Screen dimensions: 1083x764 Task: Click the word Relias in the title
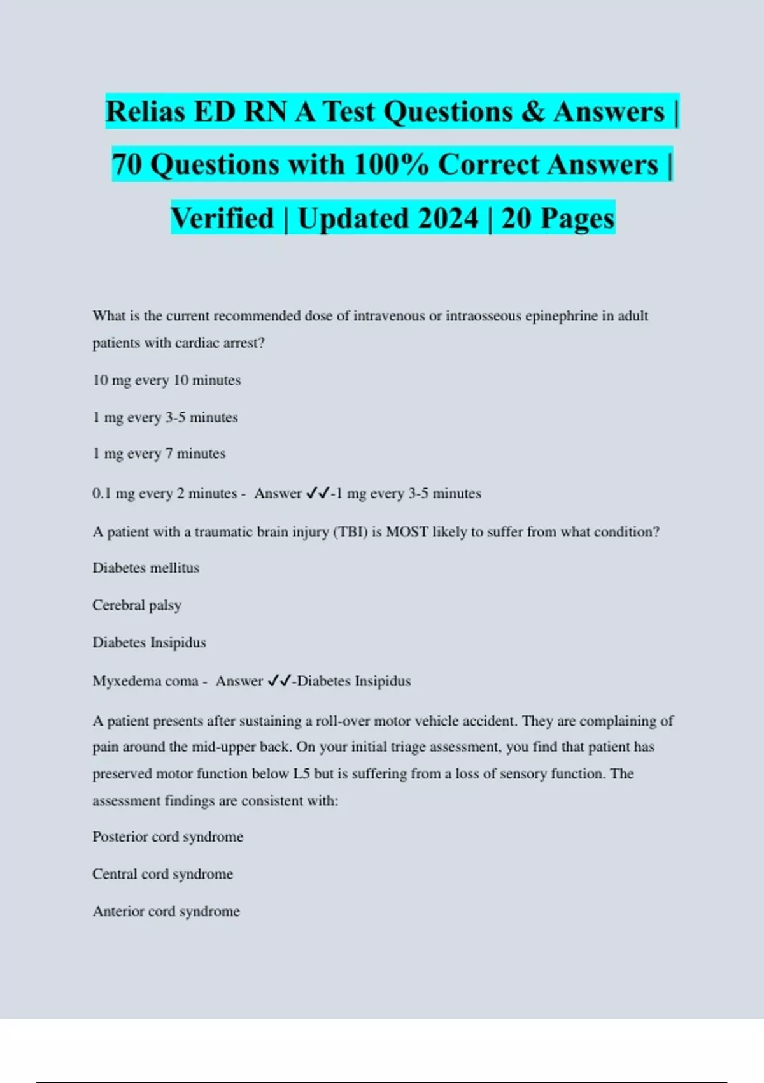click(x=145, y=112)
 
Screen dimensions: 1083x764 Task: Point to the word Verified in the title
click(x=222, y=219)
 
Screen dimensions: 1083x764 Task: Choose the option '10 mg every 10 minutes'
click(x=167, y=380)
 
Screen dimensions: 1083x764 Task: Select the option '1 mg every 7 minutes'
click(x=159, y=454)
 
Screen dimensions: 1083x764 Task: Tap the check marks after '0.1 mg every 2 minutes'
click(x=318, y=493)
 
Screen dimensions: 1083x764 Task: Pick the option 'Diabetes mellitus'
click(x=146, y=568)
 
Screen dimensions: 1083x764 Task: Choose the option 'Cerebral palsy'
click(x=137, y=605)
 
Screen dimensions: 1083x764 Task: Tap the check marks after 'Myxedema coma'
click(x=279, y=681)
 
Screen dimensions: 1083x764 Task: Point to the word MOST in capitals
click(x=407, y=532)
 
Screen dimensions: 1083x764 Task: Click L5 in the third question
click(x=301, y=774)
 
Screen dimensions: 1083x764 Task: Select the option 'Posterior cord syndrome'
click(x=168, y=836)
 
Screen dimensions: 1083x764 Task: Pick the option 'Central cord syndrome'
click(x=163, y=874)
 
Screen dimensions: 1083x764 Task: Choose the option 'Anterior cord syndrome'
click(x=166, y=912)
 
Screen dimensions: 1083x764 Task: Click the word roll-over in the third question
click(x=343, y=721)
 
